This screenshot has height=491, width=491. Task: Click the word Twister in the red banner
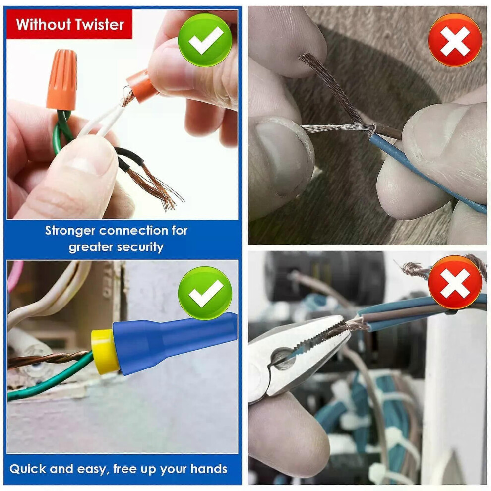(97, 24)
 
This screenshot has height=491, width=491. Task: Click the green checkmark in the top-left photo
(205, 40)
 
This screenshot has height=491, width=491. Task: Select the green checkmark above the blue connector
(205, 293)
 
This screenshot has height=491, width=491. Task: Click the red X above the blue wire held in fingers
(455, 40)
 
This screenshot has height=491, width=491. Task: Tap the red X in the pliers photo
(455, 282)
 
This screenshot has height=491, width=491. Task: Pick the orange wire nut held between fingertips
(141, 86)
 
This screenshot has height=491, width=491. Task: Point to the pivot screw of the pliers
(283, 359)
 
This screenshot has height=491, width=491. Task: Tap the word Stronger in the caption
(70, 231)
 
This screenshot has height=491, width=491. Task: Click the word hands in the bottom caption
(209, 469)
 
